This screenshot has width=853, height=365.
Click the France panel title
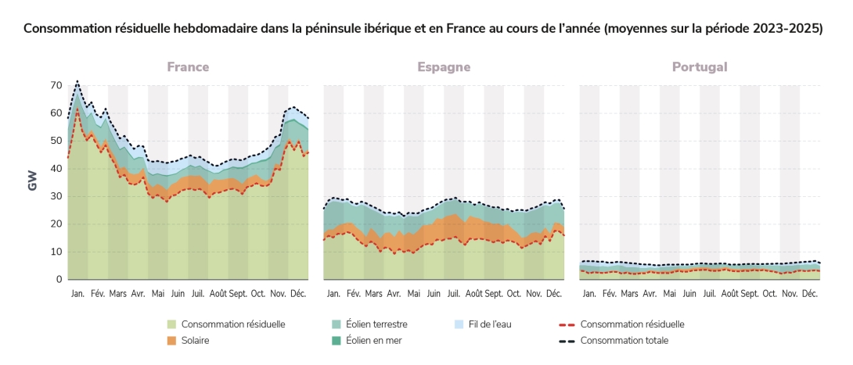(188, 67)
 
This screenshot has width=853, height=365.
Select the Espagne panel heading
(444, 67)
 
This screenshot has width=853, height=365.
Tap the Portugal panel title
(700, 67)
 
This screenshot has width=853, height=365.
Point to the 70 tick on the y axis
(56, 85)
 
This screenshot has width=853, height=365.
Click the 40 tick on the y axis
(56, 169)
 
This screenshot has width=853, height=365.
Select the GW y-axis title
(33, 181)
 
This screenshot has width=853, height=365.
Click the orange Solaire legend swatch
(171, 341)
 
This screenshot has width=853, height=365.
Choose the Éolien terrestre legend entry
(376, 324)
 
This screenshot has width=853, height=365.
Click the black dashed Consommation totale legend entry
(624, 341)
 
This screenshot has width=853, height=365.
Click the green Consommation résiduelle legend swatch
(171, 324)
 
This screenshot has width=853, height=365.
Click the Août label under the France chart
(218, 294)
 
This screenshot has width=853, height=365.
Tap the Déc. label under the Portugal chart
(809, 294)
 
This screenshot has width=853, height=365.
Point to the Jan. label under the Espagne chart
(333, 294)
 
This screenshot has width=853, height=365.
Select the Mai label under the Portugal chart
(669, 294)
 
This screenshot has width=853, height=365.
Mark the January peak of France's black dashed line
(77, 81)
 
